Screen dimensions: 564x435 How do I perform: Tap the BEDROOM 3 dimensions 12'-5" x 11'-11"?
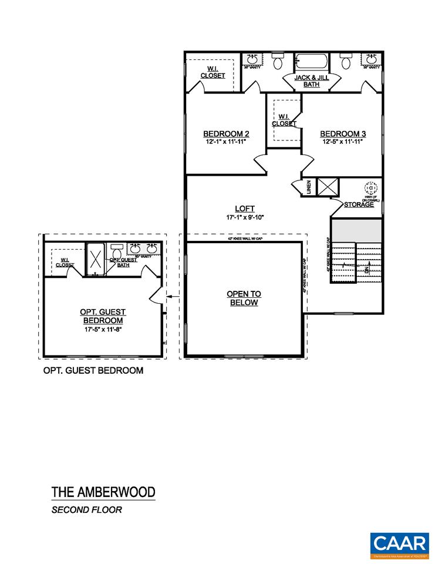pyautogui.click(x=343, y=142)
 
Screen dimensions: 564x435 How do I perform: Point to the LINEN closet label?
pyautogui.click(x=309, y=187)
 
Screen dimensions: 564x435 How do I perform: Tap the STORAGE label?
pyautogui.click(x=359, y=204)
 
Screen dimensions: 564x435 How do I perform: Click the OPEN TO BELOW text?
pyautogui.click(x=244, y=298)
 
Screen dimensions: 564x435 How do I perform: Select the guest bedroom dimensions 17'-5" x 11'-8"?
pyautogui.click(x=103, y=330)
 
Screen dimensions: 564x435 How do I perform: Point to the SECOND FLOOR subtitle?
pyautogui.click(x=86, y=510)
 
